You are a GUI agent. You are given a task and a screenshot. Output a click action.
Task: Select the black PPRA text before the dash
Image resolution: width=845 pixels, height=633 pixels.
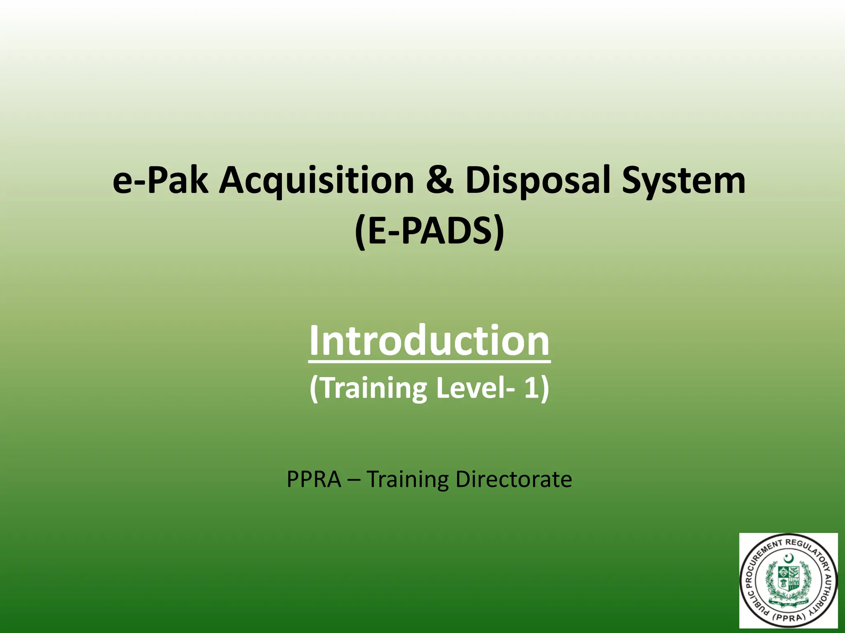pyautogui.click(x=314, y=479)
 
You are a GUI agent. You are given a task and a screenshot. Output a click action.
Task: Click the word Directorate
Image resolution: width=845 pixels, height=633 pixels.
pyautogui.click(x=513, y=479)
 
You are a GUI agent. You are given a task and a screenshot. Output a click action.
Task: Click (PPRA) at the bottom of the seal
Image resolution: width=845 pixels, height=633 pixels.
pyautogui.click(x=788, y=617)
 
